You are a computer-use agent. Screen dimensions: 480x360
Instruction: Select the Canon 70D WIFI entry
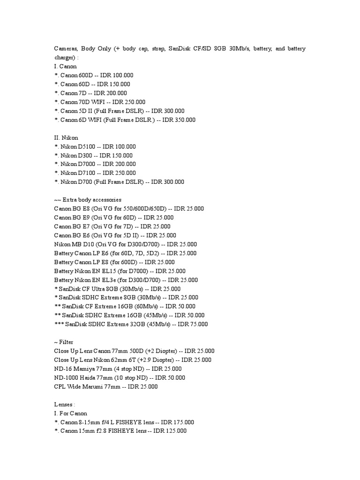[99, 102]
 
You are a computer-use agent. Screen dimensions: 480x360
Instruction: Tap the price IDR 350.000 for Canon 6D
[180, 120]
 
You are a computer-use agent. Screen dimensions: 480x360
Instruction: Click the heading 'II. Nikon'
[66, 138]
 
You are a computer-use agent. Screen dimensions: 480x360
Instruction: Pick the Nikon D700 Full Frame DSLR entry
[119, 182]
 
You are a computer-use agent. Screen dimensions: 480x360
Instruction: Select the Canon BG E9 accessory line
[114, 217]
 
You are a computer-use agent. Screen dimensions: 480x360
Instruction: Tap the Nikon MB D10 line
[125, 244]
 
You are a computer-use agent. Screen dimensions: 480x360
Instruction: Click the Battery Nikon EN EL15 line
[120, 271]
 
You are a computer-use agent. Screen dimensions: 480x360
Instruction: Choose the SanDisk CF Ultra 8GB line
[117, 289]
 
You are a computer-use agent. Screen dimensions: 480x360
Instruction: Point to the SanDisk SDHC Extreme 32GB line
[131, 324]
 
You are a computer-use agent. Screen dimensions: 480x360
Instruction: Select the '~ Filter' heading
[64, 342]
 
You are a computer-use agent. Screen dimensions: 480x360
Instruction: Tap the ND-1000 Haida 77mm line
[120, 378]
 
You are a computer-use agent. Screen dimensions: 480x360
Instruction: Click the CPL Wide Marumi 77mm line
[106, 387]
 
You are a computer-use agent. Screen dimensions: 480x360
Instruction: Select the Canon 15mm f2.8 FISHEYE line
[120, 431]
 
